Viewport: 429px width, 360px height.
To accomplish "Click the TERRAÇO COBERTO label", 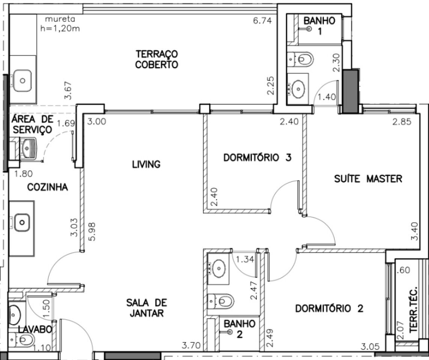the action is pos(157,59).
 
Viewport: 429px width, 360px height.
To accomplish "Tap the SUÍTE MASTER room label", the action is pos(368,179).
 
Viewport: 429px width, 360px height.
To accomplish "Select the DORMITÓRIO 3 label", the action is pos(257,158).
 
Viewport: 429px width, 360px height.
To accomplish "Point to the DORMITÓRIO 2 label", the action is pos(329,309).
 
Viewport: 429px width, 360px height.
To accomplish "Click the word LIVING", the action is pos(146,164).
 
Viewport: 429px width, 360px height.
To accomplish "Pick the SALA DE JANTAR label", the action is pos(147,308).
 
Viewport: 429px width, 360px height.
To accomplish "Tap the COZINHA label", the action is pos(48,187).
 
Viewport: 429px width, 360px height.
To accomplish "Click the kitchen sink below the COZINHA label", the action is pos(22,222).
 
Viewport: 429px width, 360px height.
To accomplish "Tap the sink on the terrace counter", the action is pos(23,81).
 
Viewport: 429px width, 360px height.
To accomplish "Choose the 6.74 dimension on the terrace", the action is pos(262,21).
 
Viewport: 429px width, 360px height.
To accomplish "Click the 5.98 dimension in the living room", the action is pos(92,231).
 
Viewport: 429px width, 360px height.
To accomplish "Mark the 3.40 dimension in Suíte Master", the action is pos(415,231).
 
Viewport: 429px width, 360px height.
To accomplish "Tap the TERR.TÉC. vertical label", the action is pos(414,310).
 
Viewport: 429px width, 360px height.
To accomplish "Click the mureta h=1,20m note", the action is pos(60,24).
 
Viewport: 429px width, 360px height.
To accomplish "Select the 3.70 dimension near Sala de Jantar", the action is pos(191,346).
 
